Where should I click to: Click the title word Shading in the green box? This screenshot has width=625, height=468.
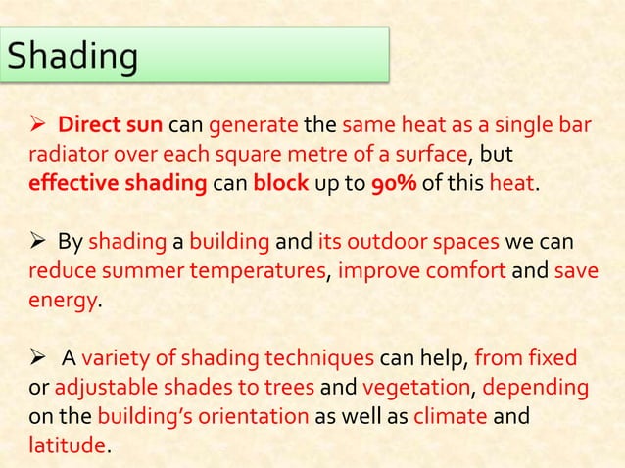tap(71, 56)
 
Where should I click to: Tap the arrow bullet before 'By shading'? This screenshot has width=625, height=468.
tap(42, 241)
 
